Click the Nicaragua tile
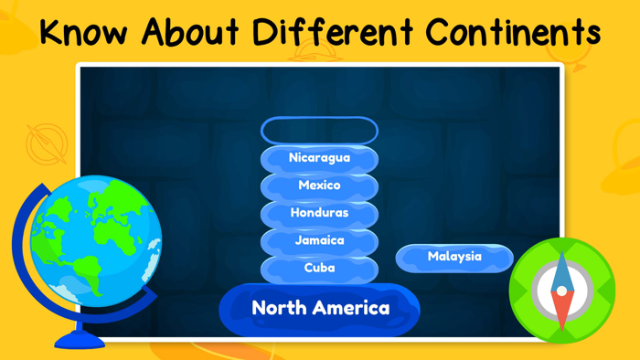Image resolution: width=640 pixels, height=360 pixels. pyautogui.click(x=319, y=158)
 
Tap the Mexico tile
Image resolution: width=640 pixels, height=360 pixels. pyautogui.click(x=319, y=185)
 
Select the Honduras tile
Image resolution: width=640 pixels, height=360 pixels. pyautogui.click(x=319, y=213)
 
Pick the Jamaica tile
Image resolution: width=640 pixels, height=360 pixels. pyautogui.click(x=319, y=240)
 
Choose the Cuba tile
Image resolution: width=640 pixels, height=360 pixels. pyautogui.click(x=319, y=268)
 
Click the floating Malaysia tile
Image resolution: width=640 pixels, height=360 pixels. pyautogui.click(x=454, y=257)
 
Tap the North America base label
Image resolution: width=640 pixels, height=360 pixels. pyautogui.click(x=320, y=308)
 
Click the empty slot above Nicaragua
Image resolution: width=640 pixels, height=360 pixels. pyautogui.click(x=319, y=131)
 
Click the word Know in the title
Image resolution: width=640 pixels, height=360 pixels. pyautogui.click(x=83, y=33)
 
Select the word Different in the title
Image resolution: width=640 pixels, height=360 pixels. pyautogui.click(x=334, y=33)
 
